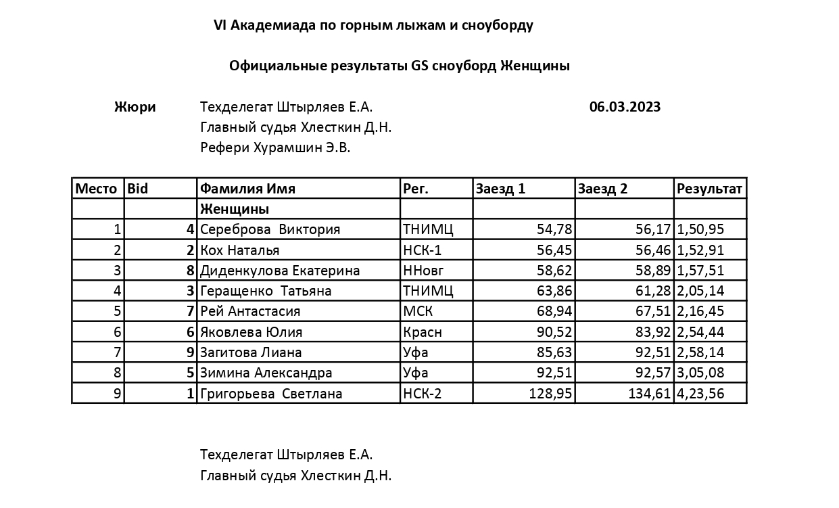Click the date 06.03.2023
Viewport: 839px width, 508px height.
625,107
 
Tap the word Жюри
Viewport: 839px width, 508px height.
135,107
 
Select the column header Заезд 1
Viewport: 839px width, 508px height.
500,189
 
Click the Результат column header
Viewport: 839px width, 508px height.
709,189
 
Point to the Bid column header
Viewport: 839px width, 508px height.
138,189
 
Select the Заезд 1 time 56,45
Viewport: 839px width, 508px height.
554,250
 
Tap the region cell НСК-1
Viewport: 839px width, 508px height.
422,250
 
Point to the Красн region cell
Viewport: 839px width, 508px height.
422,332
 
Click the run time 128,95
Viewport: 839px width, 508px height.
550,394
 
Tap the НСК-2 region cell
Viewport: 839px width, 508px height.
422,394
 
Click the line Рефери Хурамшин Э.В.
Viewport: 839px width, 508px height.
275,147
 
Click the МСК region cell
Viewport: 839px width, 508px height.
417,311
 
